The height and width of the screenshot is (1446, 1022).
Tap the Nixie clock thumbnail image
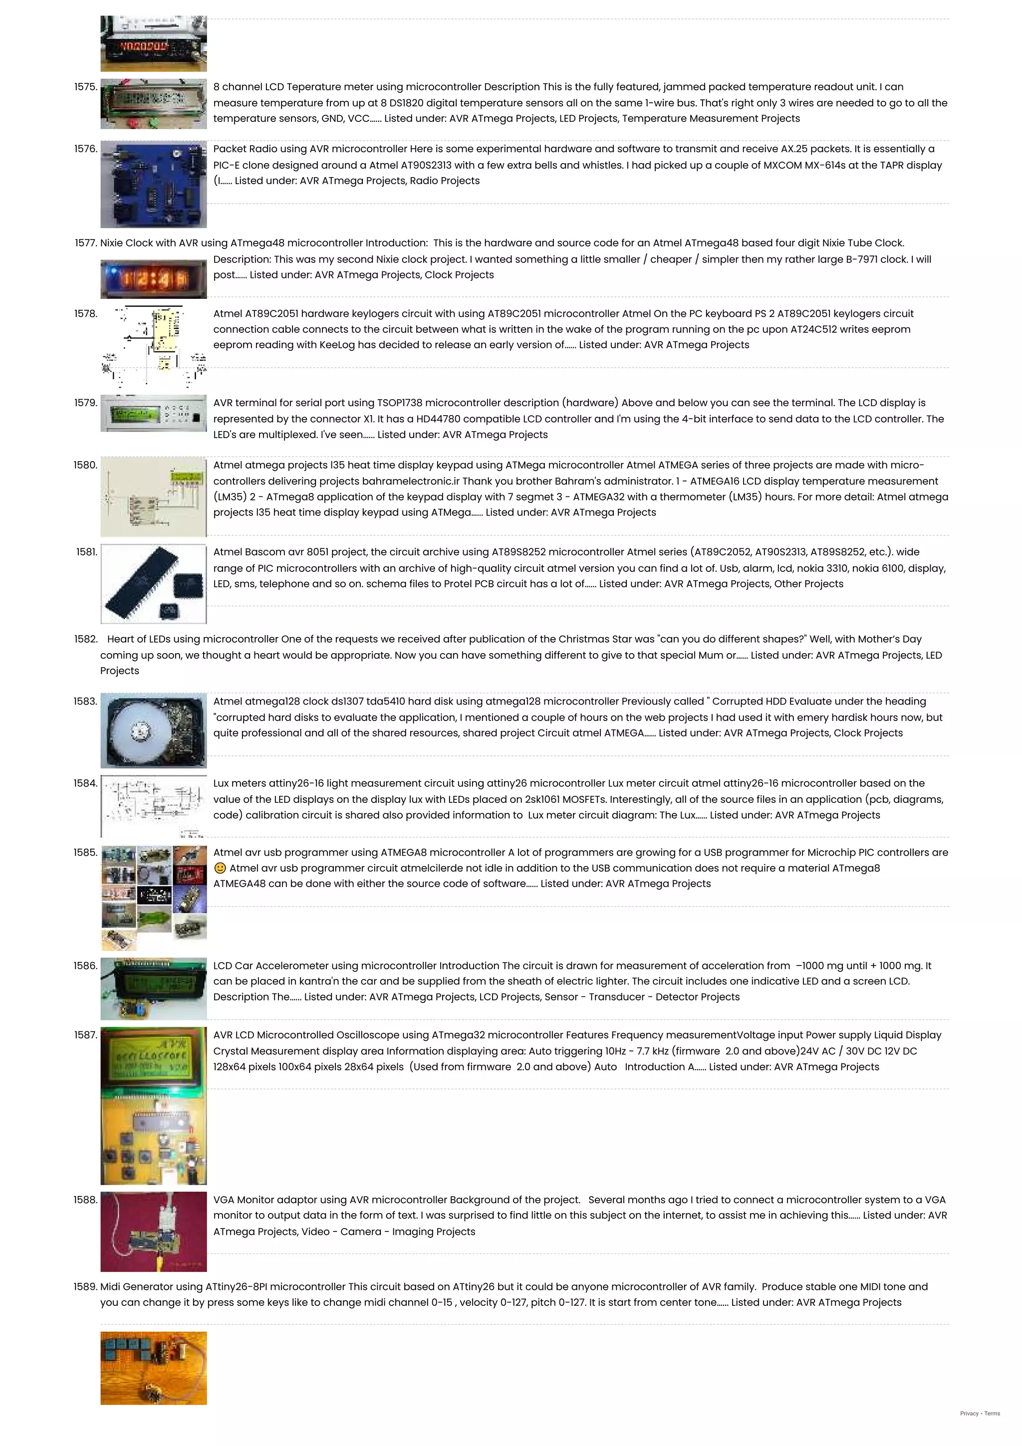[153, 279]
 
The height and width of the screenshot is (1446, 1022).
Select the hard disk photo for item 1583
[153, 730]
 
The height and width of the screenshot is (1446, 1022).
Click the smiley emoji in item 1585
[220, 868]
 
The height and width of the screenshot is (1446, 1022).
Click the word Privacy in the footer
[969, 1413]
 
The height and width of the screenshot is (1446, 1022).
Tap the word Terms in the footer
[993, 1413]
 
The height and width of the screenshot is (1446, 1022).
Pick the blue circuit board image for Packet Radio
[153, 185]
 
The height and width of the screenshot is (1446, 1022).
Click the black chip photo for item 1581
[153, 584]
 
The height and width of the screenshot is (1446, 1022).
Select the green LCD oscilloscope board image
[153, 1106]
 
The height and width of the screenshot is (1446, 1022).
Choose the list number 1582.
[86, 639]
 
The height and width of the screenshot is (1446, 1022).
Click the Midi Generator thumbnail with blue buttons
[153, 1368]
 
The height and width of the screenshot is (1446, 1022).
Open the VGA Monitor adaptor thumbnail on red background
[153, 1231]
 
